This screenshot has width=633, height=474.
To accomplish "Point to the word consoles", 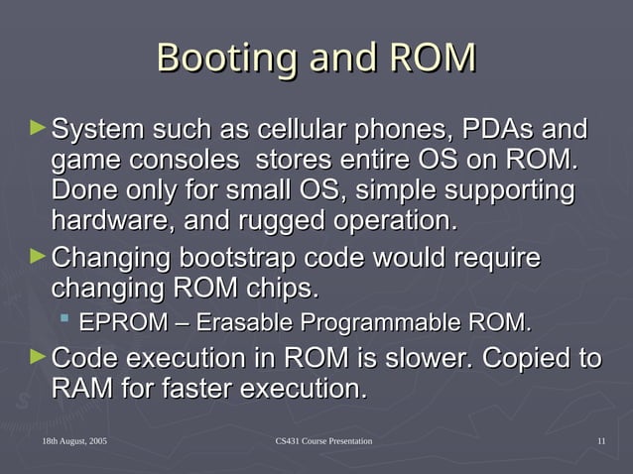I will point(190,159).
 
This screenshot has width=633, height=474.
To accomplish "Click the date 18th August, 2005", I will point(74,440).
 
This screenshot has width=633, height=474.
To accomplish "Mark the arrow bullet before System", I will point(38,128).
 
